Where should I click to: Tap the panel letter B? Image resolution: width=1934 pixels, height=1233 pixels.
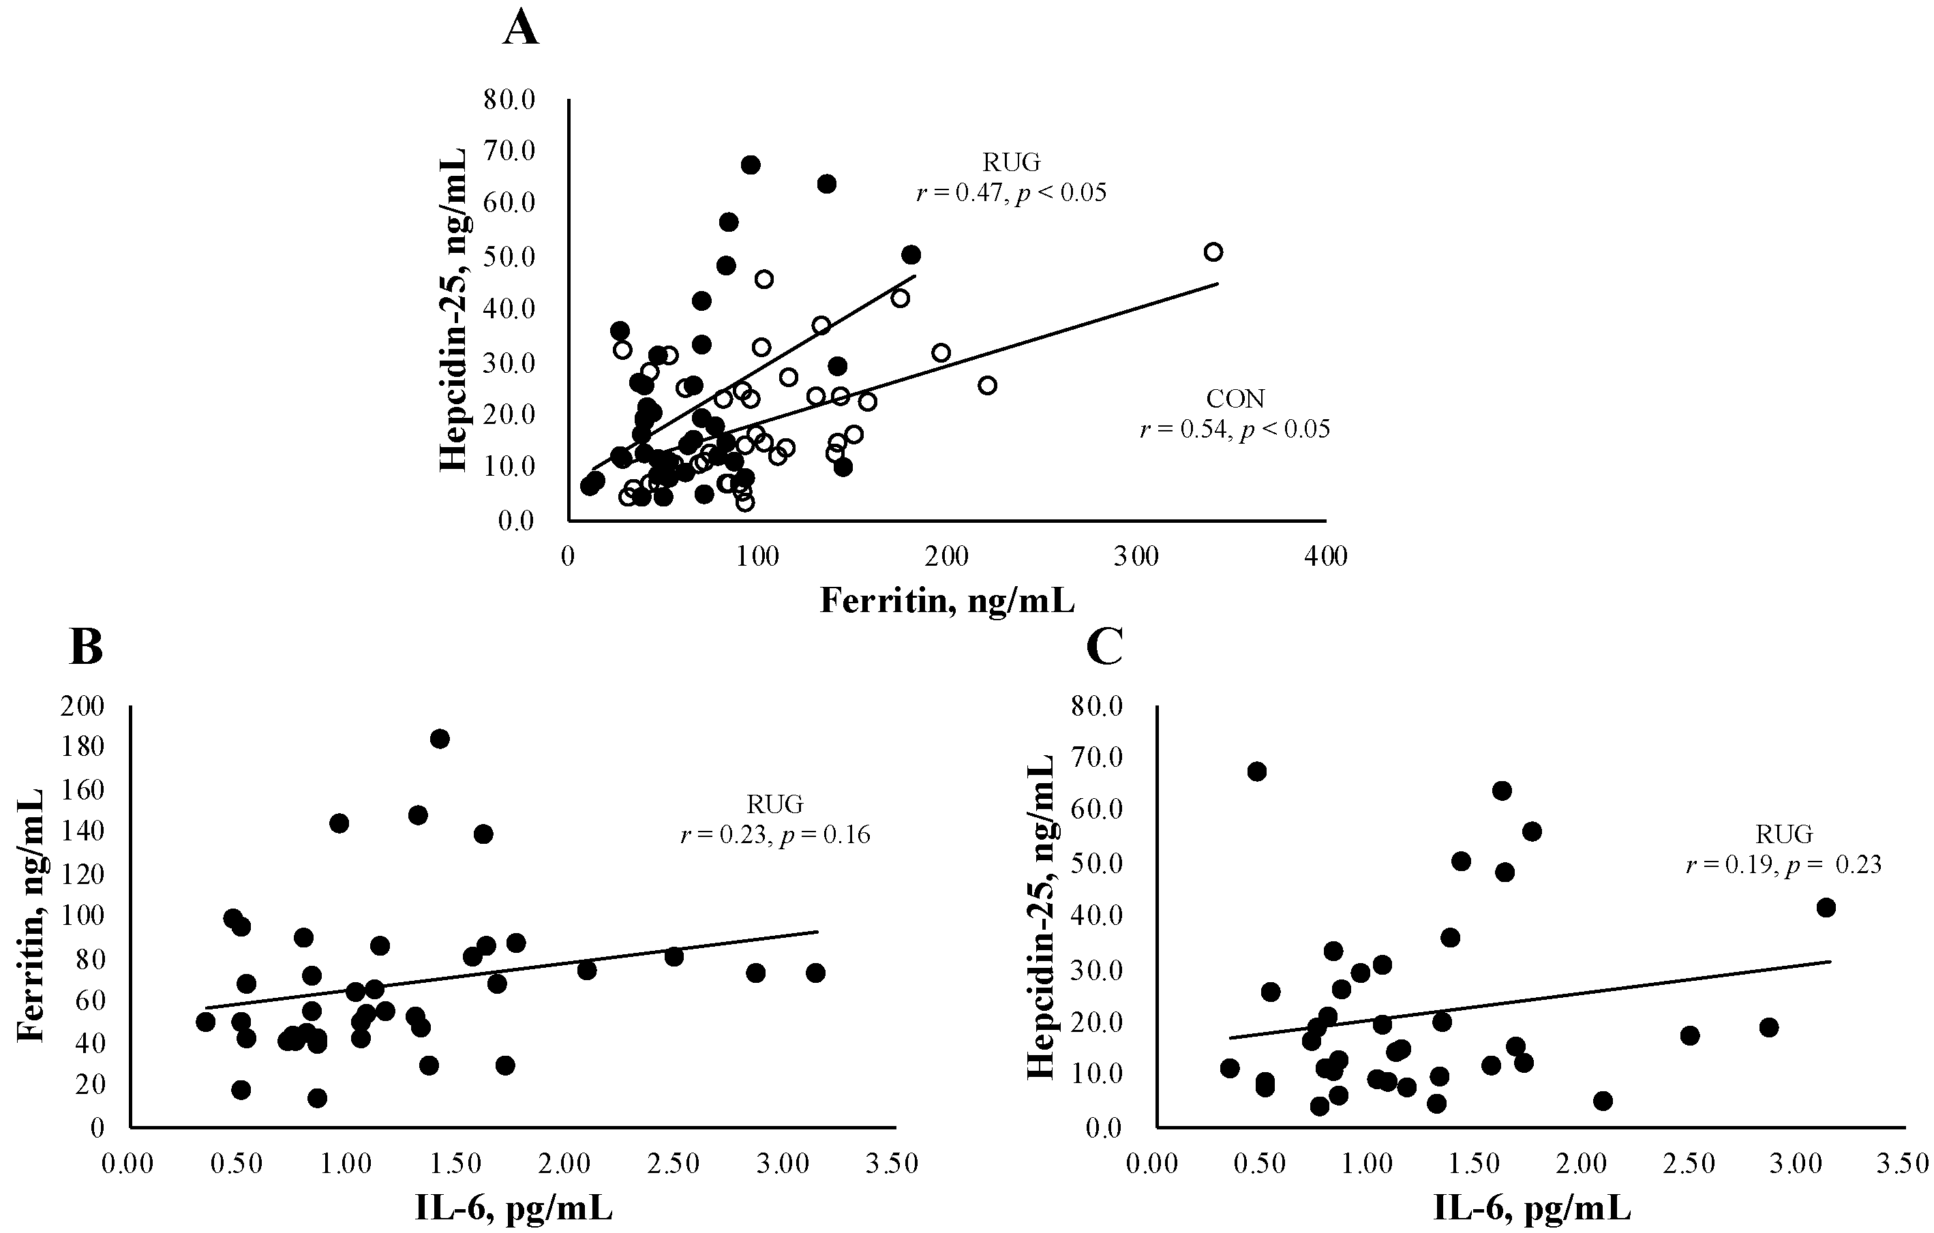pos(86,648)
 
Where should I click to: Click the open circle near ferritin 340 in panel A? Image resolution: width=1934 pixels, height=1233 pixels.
pos(1213,252)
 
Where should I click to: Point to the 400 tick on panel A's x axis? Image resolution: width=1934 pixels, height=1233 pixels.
pos(1325,556)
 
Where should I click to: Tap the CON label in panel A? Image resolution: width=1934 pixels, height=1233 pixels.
pos(1235,399)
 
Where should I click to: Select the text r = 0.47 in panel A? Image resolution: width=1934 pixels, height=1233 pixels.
pos(960,194)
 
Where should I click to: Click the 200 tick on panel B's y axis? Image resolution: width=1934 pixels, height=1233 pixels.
pos(84,706)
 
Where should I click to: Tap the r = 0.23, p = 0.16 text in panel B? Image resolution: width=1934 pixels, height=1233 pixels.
pos(774,834)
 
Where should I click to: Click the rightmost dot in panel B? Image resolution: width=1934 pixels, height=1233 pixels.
pos(815,973)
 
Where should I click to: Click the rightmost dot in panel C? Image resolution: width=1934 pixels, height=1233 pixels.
pos(1826,908)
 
